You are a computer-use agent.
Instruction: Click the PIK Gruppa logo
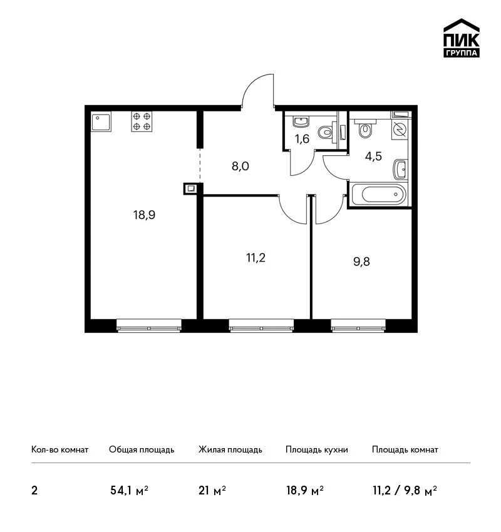click(x=462, y=38)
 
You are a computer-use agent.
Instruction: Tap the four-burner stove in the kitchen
click(x=142, y=121)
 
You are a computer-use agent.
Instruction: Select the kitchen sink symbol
click(x=101, y=122)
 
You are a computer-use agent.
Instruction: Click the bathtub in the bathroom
click(x=379, y=195)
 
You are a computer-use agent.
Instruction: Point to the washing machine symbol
click(x=400, y=130)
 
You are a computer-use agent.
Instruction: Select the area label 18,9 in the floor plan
click(x=144, y=215)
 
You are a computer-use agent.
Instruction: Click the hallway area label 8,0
click(x=240, y=166)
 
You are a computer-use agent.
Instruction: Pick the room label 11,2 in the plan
click(x=256, y=258)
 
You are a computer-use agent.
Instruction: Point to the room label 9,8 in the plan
click(x=361, y=262)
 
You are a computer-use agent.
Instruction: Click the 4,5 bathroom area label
click(x=373, y=156)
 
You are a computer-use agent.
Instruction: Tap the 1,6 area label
click(x=302, y=138)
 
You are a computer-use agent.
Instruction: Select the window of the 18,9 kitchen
click(x=149, y=325)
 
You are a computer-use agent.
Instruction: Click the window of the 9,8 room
click(x=358, y=325)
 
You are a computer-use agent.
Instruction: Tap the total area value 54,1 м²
click(x=130, y=490)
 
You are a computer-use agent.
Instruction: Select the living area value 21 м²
click(x=212, y=490)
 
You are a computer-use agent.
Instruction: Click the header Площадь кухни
click(x=317, y=449)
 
